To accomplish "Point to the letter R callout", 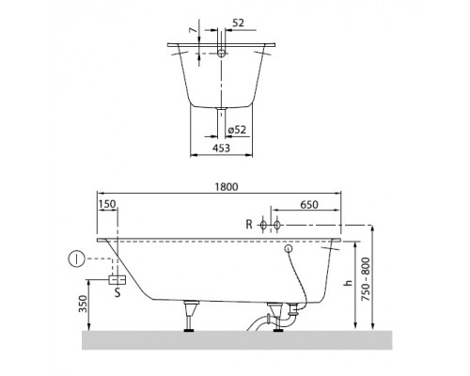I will [x=249, y=225].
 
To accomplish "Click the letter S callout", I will [x=117, y=293].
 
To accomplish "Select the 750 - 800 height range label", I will [x=378, y=278].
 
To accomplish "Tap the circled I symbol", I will [x=74, y=258].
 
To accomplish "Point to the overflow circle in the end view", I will [x=221, y=55].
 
